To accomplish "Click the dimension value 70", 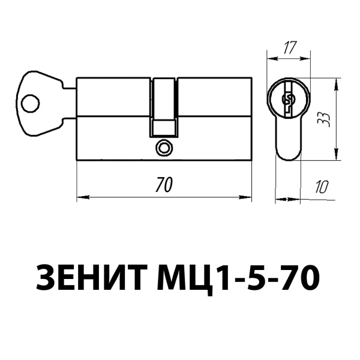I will pos(163,185).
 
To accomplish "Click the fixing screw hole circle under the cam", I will pos(163,148).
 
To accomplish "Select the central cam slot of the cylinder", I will pos(164,99).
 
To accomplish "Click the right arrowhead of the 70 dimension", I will pos(247,196).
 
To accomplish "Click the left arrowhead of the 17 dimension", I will pos(270,58).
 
